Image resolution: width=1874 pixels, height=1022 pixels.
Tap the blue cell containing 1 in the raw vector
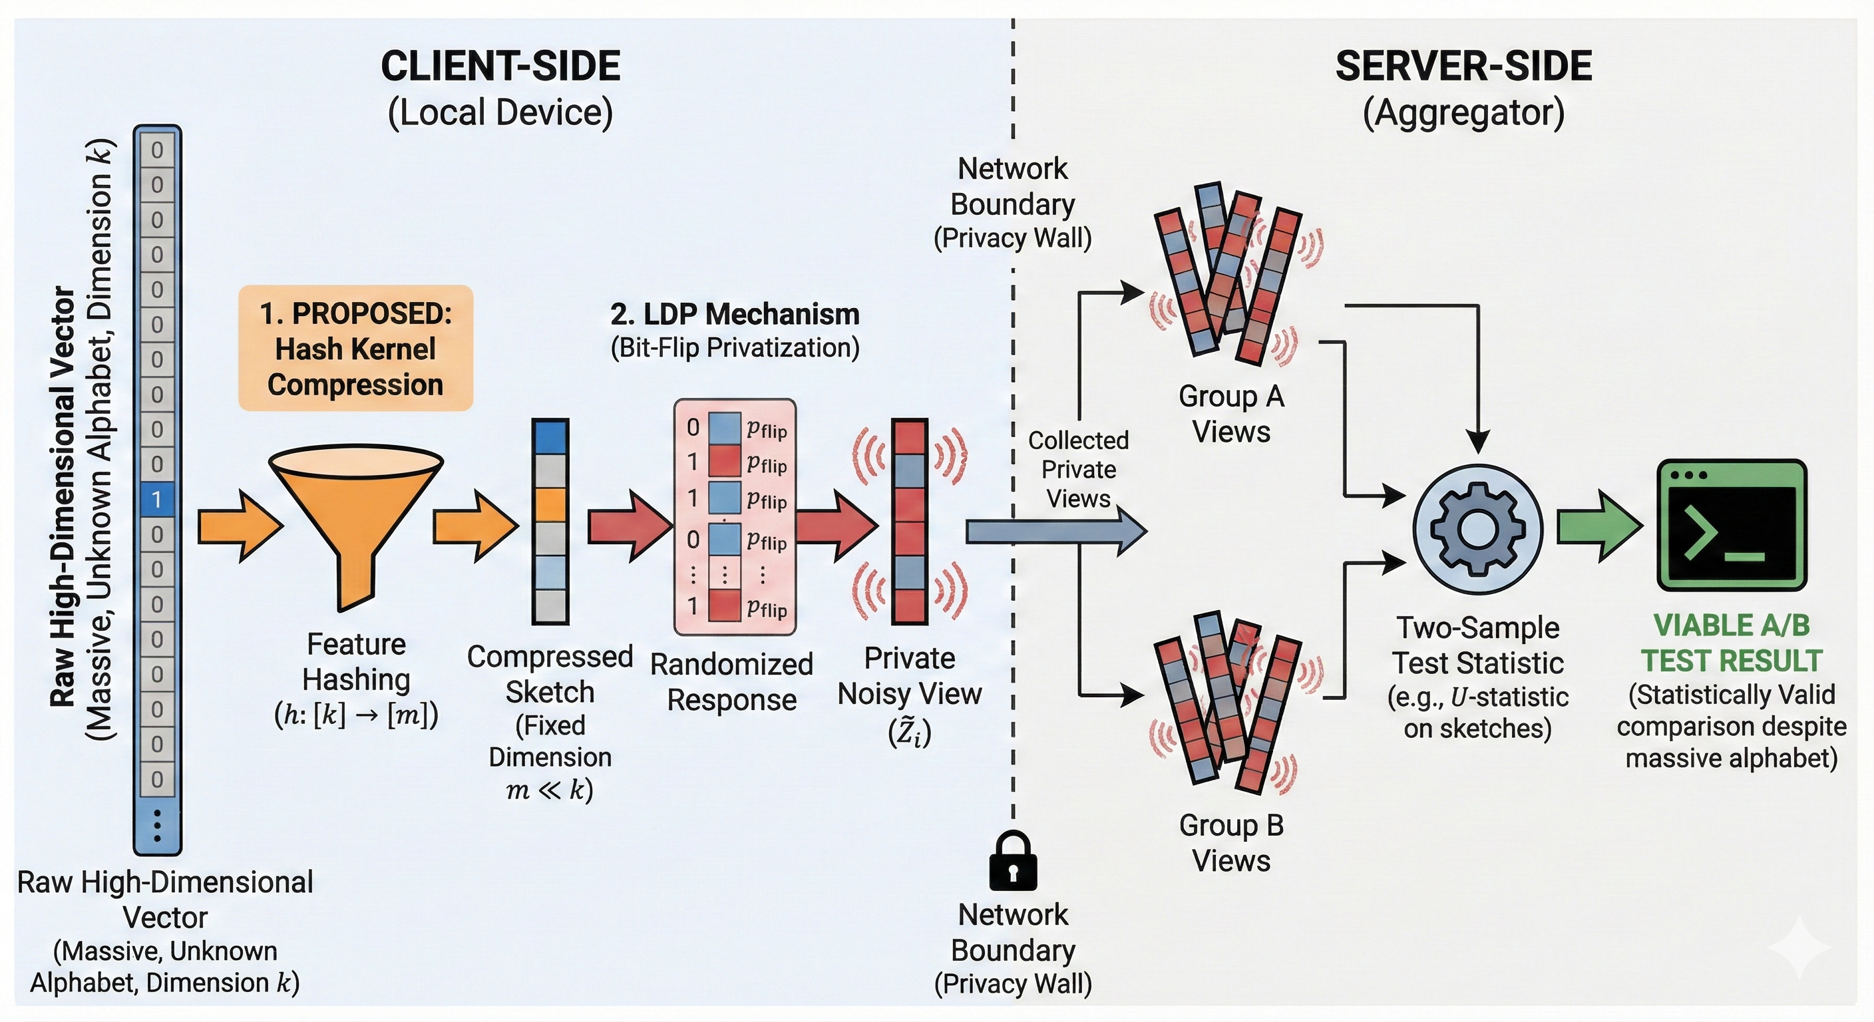(x=156, y=499)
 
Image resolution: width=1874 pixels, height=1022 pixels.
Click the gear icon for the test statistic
(x=1477, y=529)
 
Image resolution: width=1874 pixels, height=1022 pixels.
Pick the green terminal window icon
(x=1732, y=524)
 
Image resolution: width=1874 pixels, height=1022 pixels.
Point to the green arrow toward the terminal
(x=1598, y=527)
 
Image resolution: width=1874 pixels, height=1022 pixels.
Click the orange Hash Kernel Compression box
(x=356, y=349)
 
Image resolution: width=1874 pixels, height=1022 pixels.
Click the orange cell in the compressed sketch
(x=550, y=504)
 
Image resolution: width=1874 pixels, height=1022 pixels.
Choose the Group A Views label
(x=1231, y=414)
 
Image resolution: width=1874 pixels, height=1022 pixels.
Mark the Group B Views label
(x=1231, y=843)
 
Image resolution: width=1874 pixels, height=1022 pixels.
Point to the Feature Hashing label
(x=357, y=662)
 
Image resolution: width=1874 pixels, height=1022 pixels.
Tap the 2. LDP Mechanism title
(x=735, y=314)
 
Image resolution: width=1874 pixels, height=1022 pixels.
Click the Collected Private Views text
(x=1078, y=469)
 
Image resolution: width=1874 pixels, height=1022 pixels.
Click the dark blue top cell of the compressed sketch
(x=550, y=437)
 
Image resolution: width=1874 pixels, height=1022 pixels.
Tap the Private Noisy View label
(x=909, y=676)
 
